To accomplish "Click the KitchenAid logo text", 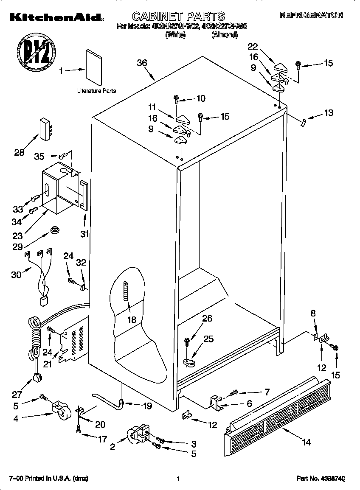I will [56, 17].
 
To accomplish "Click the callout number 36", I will [142, 63].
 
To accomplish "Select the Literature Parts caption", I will [96, 91].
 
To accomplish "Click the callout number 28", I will [19, 153].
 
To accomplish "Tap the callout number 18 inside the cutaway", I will [132, 320].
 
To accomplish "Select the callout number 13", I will [328, 113].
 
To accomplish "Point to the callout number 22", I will [253, 46].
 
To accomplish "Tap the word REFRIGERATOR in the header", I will [311, 15].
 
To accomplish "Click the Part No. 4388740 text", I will [321, 479].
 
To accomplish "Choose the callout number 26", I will [207, 319].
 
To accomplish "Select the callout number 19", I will [147, 406].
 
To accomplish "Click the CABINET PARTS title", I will [178, 16].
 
